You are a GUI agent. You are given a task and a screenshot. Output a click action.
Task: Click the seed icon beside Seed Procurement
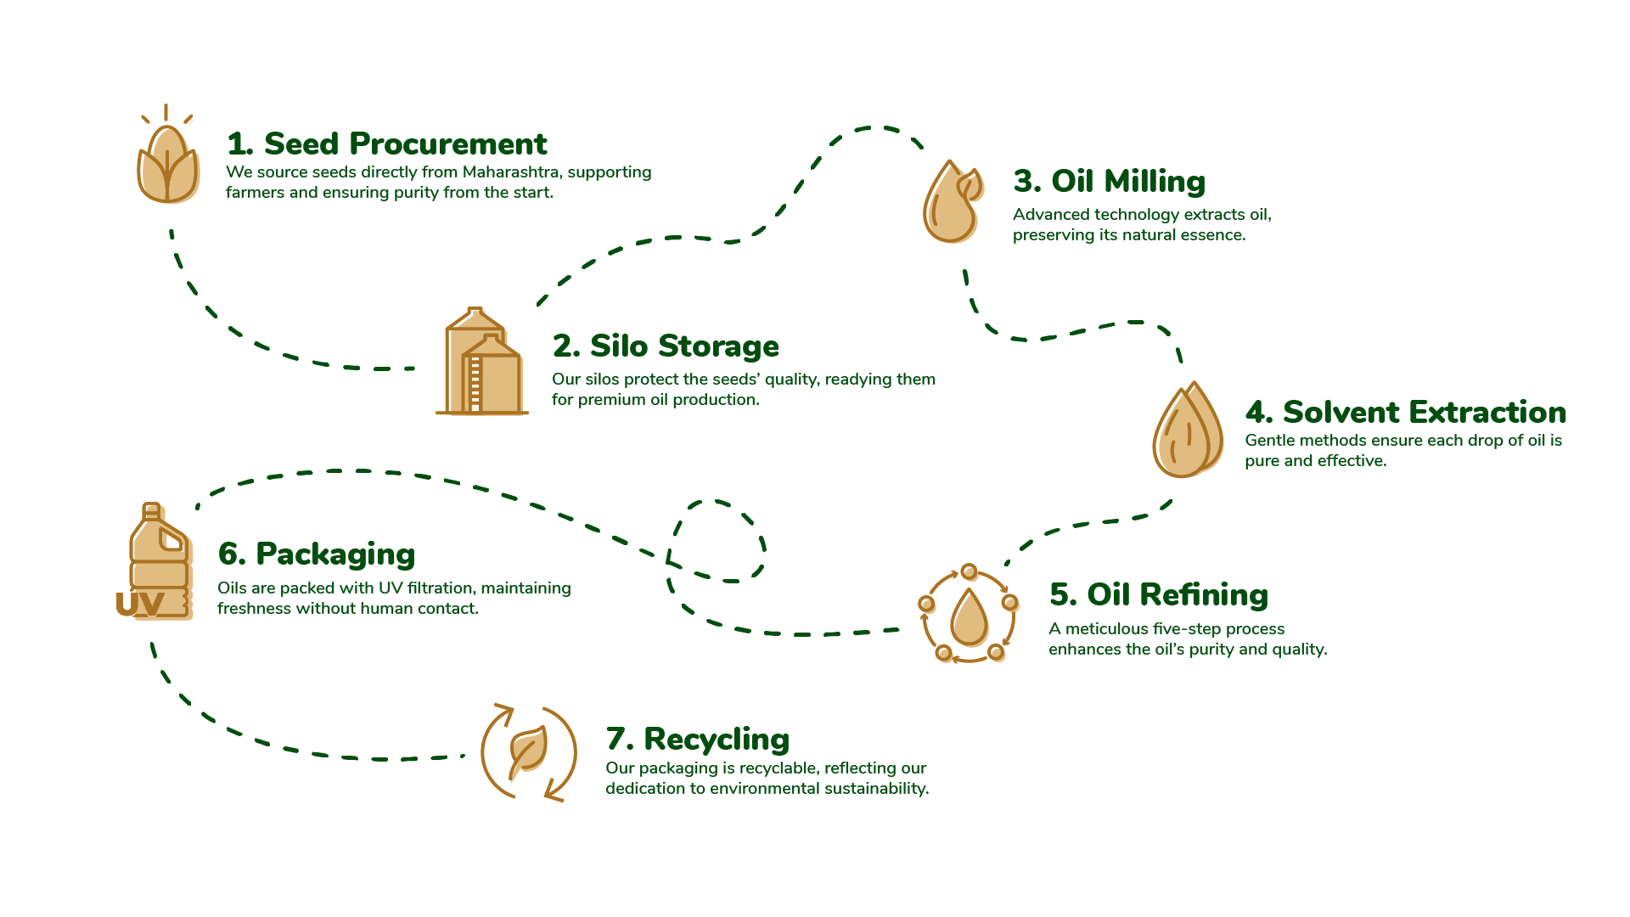[x=168, y=164]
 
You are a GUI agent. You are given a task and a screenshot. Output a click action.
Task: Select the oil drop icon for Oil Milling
[x=952, y=203]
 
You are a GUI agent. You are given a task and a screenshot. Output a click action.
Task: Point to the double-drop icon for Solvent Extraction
[x=1187, y=430]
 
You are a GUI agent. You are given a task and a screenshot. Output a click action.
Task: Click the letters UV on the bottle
[x=139, y=604]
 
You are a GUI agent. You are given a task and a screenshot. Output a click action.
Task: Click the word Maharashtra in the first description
[x=510, y=172]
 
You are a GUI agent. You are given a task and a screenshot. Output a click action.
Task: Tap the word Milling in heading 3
[x=1155, y=182]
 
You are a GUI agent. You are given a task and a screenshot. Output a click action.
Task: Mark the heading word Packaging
[x=335, y=554]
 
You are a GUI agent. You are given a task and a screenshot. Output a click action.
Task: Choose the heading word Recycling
[x=717, y=740]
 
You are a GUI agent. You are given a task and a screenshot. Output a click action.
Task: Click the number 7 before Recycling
[x=618, y=740]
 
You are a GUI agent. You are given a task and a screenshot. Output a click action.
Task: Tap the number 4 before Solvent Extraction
[x=1257, y=413]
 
